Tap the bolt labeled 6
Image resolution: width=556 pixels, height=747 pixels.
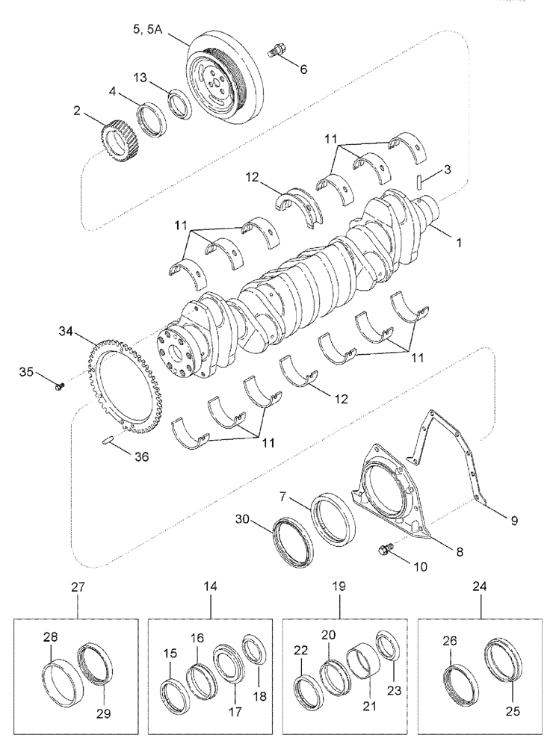click(277, 52)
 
